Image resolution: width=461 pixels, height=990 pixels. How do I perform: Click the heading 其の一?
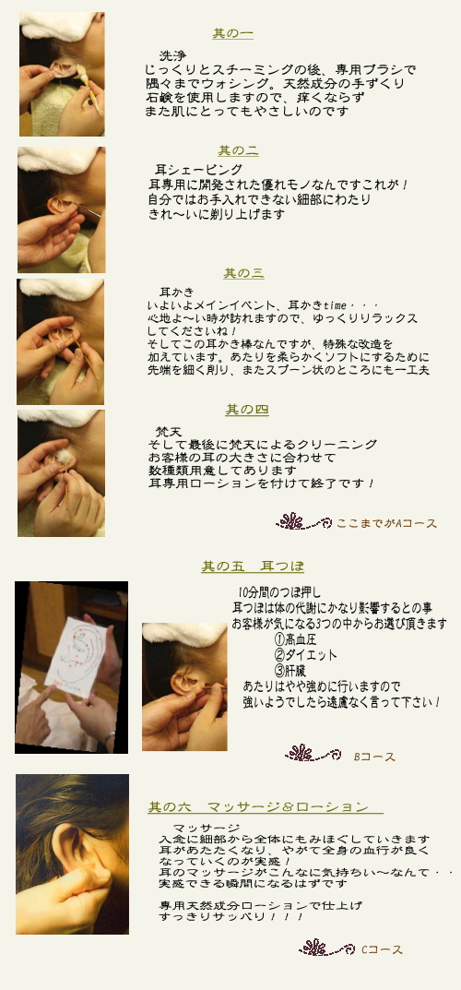click(x=232, y=33)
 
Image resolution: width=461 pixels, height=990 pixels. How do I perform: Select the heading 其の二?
click(x=239, y=151)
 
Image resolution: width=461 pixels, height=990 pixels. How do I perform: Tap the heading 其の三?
click(x=243, y=273)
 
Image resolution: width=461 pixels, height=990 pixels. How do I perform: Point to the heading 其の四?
click(x=247, y=410)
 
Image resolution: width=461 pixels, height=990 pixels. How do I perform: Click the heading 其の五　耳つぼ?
click(x=253, y=567)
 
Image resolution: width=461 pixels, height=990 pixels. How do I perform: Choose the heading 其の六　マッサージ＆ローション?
click(x=266, y=807)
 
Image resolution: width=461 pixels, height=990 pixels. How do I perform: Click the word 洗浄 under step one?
click(x=172, y=55)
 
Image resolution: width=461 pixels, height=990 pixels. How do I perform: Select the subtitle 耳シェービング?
click(x=198, y=170)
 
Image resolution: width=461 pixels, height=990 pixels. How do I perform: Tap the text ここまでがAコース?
click(x=386, y=523)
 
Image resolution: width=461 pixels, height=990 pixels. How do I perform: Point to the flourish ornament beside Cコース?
click(x=326, y=948)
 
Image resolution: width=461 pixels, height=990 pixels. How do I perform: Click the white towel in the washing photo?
click(x=61, y=26)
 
